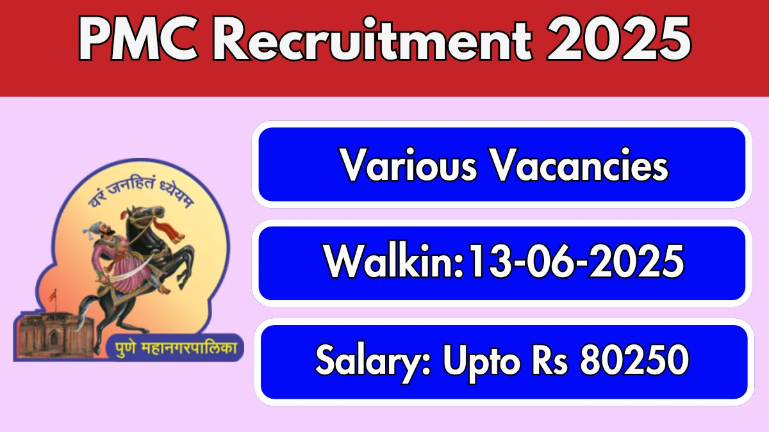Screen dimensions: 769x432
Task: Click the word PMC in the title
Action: (x=139, y=38)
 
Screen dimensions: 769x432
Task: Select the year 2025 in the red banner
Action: (x=618, y=38)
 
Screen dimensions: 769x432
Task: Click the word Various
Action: (x=408, y=165)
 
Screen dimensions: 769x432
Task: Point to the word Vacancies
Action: (x=579, y=165)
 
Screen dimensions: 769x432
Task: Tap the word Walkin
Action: (x=393, y=261)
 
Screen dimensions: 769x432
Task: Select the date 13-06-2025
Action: (x=575, y=262)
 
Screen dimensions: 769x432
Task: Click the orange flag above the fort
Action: (x=52, y=296)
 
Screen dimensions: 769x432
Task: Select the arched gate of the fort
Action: (x=54, y=338)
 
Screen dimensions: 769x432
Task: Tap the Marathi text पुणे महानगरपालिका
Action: (x=176, y=348)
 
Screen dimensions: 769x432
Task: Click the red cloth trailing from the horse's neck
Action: (x=169, y=230)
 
